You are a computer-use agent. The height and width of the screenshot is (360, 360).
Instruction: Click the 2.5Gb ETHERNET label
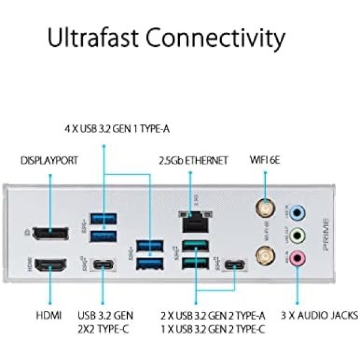[x=193, y=160]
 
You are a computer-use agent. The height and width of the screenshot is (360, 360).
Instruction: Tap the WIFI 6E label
[x=265, y=160]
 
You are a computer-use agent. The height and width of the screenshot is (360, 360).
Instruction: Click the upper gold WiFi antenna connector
[x=263, y=209]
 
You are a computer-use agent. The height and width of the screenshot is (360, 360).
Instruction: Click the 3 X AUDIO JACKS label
[x=320, y=315]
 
